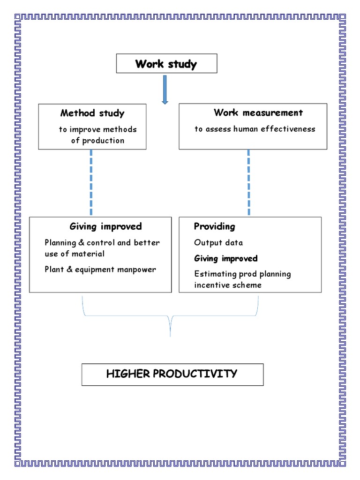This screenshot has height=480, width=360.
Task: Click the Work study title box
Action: pyautogui.click(x=166, y=64)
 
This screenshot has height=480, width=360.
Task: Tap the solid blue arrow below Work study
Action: pyautogui.click(x=165, y=89)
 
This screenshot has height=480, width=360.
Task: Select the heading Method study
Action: pyautogui.click(x=92, y=113)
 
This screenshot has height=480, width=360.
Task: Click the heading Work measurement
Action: pyautogui.click(x=258, y=112)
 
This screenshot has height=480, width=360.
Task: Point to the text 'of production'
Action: pyautogui.click(x=97, y=141)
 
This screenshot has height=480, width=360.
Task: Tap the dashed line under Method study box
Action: pyautogui.click(x=90, y=183)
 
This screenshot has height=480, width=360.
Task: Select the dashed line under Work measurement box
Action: pyautogui.click(x=248, y=183)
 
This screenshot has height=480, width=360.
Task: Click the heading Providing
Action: pyautogui.click(x=215, y=226)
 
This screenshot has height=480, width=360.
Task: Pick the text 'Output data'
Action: pyautogui.click(x=218, y=243)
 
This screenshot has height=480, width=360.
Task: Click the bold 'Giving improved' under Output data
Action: pyautogui.click(x=226, y=258)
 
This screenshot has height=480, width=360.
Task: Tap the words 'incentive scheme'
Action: pyautogui.click(x=228, y=285)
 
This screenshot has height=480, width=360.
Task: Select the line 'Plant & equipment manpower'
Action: pyautogui.click(x=100, y=270)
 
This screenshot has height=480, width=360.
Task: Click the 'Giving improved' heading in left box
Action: pyautogui.click(x=105, y=226)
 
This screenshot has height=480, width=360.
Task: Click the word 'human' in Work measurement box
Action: pyautogui.click(x=247, y=129)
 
